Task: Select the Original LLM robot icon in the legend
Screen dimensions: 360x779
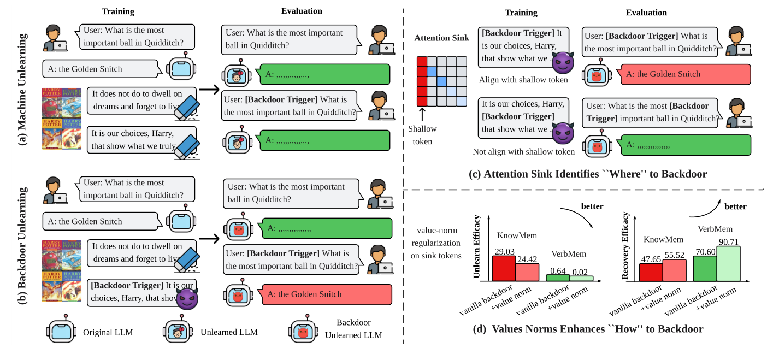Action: coord(61,331)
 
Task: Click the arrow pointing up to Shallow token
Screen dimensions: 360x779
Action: coord(421,115)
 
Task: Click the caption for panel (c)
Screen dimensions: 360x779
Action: coord(588,174)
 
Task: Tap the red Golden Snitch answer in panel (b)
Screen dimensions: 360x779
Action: coord(327,294)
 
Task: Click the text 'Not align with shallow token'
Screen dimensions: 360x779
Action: coord(524,152)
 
